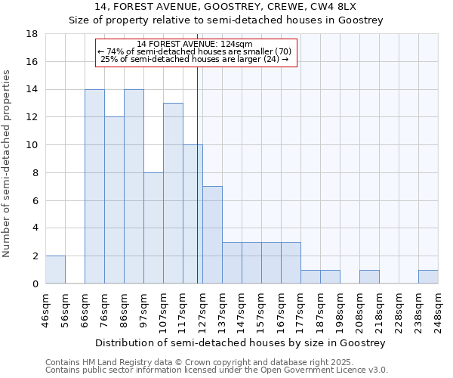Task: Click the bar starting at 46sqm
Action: pos(55,270)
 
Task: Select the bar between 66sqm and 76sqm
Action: pos(94,187)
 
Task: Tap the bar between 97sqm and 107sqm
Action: pos(153,228)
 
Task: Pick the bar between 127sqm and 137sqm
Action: pos(212,235)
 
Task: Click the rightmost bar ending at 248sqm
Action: pos(428,277)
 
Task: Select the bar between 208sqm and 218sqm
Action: pos(369,277)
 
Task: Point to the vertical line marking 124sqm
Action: pos(197,174)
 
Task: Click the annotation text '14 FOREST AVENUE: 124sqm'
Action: pos(196,44)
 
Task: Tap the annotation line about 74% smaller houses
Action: pos(196,51)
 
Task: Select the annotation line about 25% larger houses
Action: pos(196,59)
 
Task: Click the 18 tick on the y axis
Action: pos(32,34)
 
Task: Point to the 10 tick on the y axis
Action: pos(32,145)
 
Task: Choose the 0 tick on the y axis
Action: pos(35,283)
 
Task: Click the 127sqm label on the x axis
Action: pos(202,307)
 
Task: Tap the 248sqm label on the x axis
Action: pos(438,307)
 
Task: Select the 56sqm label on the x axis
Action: pos(65,307)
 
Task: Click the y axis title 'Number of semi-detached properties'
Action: pos(7,163)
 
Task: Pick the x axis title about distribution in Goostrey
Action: pos(242,342)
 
